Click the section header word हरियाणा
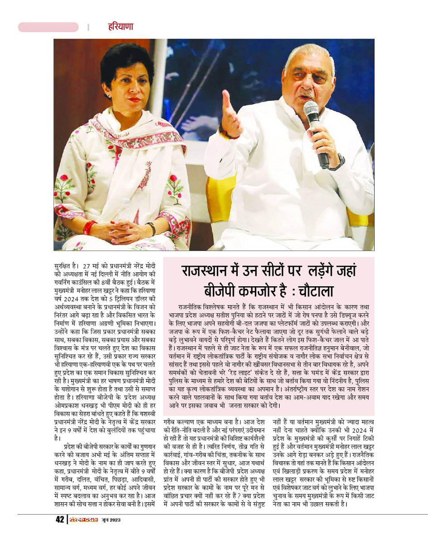120,27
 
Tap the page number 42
59,520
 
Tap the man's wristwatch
337,162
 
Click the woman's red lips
134,100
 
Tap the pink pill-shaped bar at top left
48,27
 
